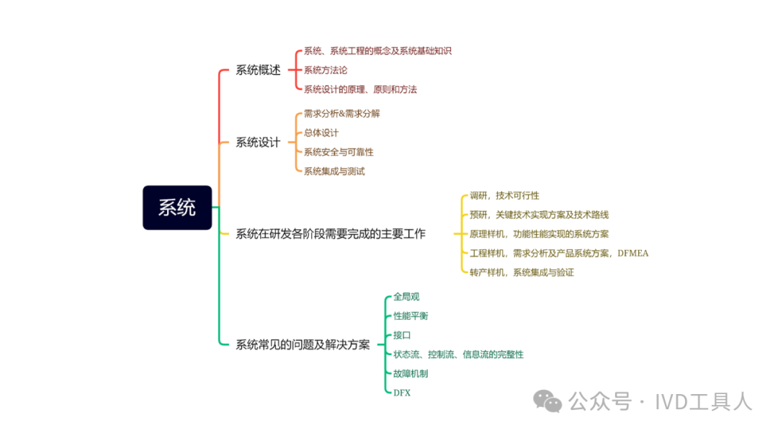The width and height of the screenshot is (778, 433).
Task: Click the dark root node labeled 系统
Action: point(177,207)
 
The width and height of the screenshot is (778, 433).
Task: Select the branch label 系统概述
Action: point(258,70)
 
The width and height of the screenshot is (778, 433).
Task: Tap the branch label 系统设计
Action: point(258,142)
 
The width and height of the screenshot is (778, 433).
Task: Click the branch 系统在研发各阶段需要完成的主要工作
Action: point(331,233)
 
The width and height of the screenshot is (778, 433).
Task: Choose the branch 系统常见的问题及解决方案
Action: point(303,344)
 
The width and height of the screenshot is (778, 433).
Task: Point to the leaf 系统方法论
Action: point(326,70)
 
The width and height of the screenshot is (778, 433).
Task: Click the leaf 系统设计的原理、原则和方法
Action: point(360,89)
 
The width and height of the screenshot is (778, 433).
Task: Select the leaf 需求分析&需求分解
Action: point(341,113)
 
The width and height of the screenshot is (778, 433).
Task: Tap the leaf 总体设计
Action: point(321,133)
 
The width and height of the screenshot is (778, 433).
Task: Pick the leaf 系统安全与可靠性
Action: point(339,152)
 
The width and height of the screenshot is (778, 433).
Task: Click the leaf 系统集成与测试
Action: point(334,171)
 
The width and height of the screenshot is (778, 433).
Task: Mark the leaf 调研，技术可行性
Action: point(504,195)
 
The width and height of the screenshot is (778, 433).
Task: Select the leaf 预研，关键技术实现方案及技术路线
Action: point(539,215)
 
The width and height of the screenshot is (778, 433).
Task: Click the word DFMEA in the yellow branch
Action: point(633,253)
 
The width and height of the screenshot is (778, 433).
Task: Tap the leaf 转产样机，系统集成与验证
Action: point(522,272)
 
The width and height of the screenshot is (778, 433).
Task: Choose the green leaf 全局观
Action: point(406,296)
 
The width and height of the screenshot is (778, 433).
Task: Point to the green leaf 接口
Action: point(402,335)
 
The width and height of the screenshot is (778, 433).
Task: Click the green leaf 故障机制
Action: point(411,373)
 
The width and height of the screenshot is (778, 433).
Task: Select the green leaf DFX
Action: point(402,393)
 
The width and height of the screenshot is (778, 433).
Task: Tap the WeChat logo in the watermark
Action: point(551,401)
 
